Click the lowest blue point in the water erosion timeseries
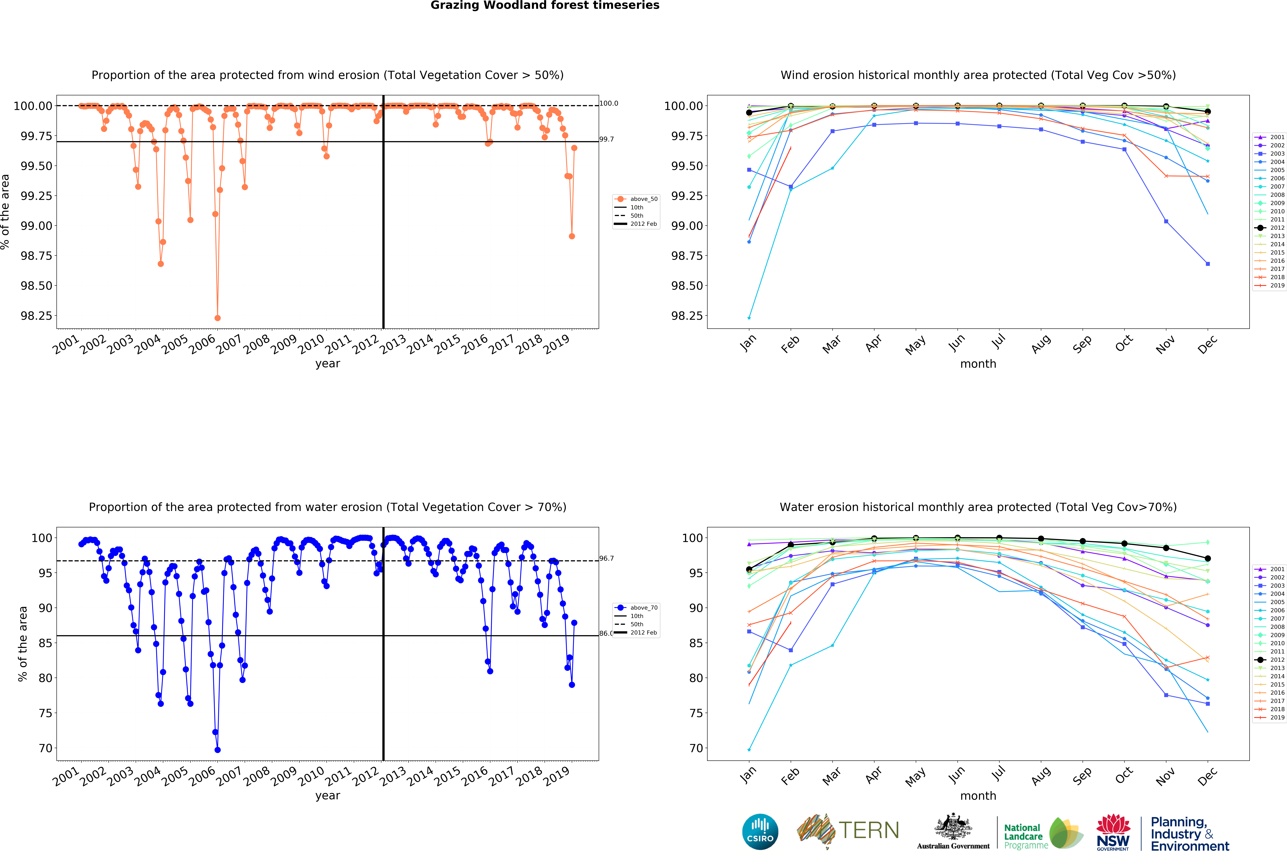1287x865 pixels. point(217,750)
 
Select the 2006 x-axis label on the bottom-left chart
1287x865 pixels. point(202,776)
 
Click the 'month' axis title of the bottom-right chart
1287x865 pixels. point(978,796)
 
